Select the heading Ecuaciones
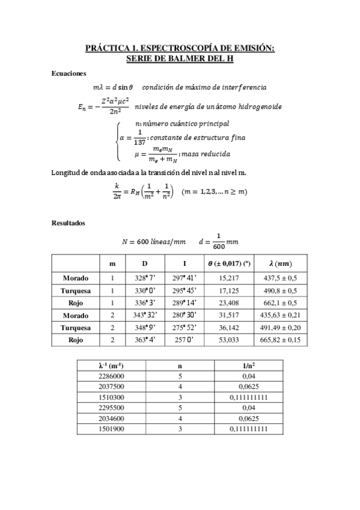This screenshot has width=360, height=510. point(69,73)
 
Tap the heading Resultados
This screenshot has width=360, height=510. point(68,223)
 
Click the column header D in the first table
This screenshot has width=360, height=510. point(144,264)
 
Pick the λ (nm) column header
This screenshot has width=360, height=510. point(281,264)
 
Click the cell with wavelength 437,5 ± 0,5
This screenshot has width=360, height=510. point(281,278)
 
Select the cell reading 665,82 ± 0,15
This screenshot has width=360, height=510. point(281,340)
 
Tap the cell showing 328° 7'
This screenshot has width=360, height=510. point(144,278)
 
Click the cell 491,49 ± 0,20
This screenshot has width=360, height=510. point(281,328)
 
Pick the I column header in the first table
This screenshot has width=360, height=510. point(185,264)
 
